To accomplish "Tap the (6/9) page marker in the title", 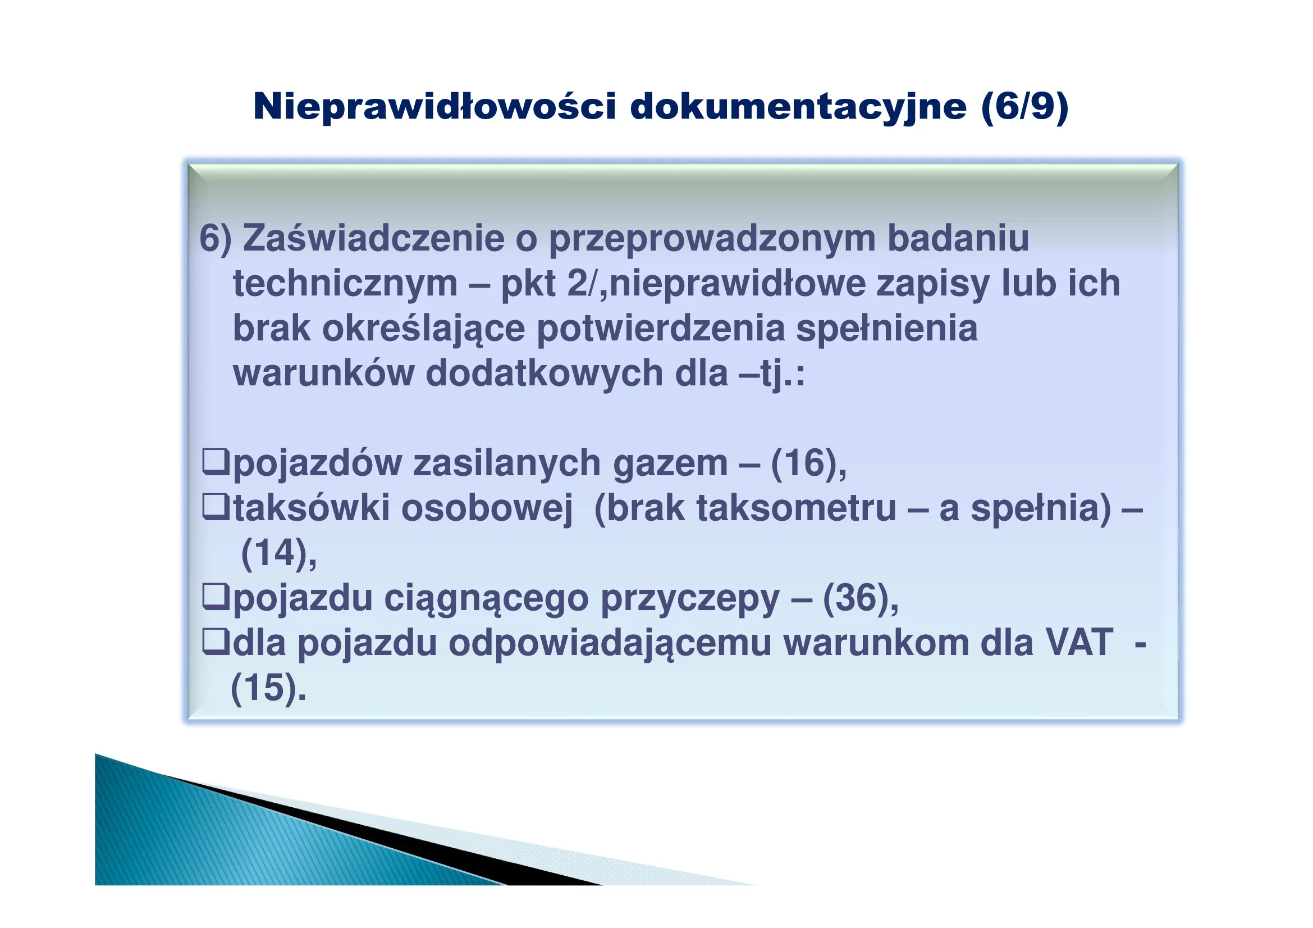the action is [x=1024, y=107].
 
